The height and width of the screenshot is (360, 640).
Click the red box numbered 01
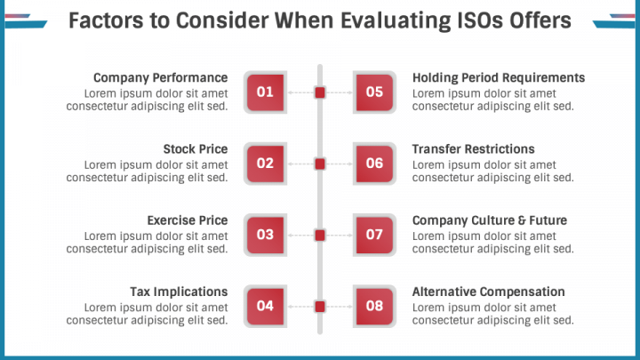coord(265,92)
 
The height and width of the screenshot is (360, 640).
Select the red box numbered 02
coord(265,164)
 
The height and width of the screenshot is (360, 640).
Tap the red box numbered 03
coord(265,235)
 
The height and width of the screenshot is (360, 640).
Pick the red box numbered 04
coord(265,307)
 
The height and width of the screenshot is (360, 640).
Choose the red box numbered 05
coord(374,92)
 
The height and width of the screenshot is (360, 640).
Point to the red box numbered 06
coord(374,164)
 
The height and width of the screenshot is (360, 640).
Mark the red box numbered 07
coord(374,235)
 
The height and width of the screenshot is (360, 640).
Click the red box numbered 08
coord(374,307)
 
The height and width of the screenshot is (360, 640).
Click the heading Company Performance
coord(160,77)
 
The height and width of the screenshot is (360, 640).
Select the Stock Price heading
coord(196,149)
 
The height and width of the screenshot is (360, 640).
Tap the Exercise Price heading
coord(188,220)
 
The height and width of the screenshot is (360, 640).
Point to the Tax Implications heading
coord(179,292)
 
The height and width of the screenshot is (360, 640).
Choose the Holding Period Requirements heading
coord(499,77)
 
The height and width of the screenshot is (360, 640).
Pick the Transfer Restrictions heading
coord(473,149)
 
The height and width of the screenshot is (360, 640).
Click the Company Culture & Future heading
coord(490,220)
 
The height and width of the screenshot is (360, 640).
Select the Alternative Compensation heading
coord(488,292)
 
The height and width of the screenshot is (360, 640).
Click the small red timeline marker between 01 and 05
coord(320,92)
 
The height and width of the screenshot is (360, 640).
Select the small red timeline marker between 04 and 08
coord(320,307)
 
